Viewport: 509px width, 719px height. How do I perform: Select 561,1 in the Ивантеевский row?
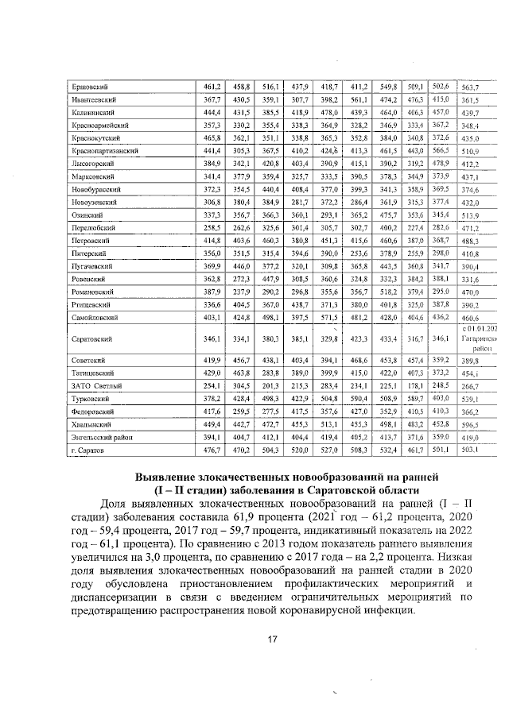pos(359,99)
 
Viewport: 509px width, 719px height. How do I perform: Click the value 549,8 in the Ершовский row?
pos(388,86)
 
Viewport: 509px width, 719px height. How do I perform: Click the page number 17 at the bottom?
pos(272,640)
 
